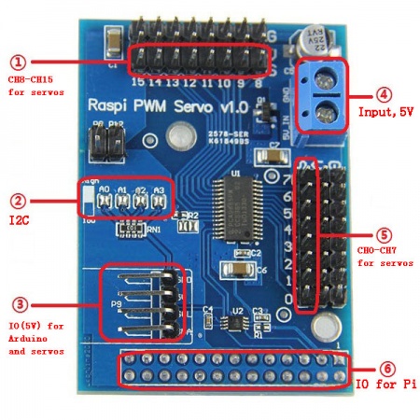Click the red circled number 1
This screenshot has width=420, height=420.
pos(18,63)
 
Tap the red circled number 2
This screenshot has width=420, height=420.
pos(18,200)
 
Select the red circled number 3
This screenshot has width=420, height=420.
pos(18,304)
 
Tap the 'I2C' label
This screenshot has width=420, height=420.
pos(20,220)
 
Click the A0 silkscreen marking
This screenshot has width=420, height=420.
pos(104,190)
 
